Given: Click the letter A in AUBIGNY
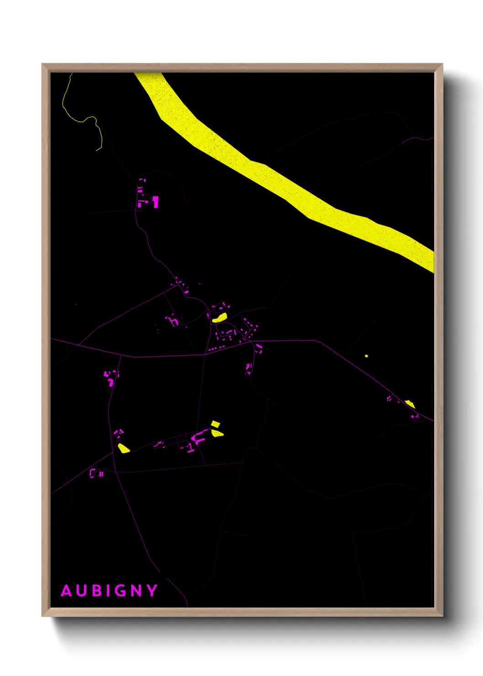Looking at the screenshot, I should (67, 591).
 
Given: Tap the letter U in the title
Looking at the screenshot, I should (83, 591).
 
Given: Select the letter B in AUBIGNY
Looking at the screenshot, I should (97, 591).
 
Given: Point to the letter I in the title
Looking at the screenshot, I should (108, 591).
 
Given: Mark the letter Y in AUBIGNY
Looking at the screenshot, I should (152, 591).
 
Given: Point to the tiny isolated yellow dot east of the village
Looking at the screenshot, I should (366, 356).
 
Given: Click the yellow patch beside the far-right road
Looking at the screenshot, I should (409, 403).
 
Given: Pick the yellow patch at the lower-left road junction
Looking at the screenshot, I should (123, 448).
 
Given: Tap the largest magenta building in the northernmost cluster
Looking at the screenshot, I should (156, 201).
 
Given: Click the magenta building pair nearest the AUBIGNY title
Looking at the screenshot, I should (96, 473).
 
